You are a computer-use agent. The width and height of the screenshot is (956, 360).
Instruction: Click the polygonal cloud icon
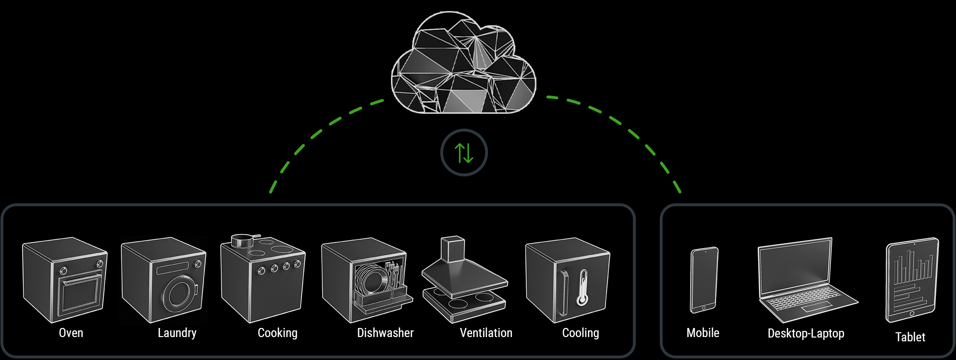point(463,65)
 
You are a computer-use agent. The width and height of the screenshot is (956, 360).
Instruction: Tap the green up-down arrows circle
point(464,153)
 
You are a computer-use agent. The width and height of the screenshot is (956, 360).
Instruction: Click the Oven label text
point(71,333)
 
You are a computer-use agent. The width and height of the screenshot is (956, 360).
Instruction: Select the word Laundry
point(177,333)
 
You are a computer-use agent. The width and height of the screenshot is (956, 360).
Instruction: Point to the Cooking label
point(277,333)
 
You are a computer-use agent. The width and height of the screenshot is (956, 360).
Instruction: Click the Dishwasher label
point(385,333)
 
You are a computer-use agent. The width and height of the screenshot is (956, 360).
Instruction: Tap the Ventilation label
point(486,333)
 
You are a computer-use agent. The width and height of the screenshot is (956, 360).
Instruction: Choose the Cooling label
point(580,333)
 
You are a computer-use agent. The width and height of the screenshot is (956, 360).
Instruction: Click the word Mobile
point(703,333)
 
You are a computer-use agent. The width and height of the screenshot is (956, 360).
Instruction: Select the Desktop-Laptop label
point(806,333)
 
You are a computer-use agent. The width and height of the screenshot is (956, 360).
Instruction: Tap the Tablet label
point(910,337)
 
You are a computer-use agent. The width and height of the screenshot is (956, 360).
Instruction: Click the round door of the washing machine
point(180,294)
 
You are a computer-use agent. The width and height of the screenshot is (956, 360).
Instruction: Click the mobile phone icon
point(704,280)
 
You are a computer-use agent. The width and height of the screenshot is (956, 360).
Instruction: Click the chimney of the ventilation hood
point(453,249)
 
